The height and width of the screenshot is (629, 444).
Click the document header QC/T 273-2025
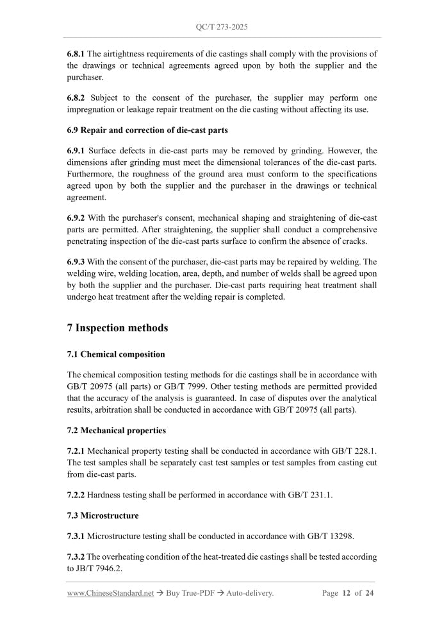coord(222,27)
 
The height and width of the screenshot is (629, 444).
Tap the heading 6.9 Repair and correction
coord(147,130)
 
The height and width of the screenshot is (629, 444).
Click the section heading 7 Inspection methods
coord(117,328)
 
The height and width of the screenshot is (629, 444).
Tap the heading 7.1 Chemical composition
coord(116,354)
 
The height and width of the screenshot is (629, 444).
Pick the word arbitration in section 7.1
coord(116,409)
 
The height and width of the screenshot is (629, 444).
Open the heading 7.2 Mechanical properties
coord(117,430)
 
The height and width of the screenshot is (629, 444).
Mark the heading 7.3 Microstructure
coord(103,515)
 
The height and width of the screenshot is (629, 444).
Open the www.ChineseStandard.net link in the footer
coord(110,594)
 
